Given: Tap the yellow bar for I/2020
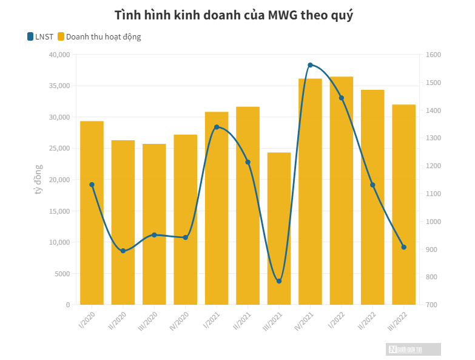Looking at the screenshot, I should [92, 212].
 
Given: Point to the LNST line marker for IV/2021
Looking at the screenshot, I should [310, 65].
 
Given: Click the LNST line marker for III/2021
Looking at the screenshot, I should [279, 281].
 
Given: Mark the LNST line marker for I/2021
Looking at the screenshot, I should [217, 127].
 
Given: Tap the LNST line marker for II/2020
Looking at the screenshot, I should [123, 251].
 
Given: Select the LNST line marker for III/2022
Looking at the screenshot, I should [403, 247].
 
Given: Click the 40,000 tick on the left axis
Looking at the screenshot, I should [59, 55].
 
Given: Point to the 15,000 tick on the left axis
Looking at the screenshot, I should [59, 211].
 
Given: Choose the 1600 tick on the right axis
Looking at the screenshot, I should [434, 55].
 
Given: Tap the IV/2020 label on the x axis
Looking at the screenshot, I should [181, 320].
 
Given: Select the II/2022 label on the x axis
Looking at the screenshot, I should [368, 320].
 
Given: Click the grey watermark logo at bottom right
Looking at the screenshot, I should [414, 349].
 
